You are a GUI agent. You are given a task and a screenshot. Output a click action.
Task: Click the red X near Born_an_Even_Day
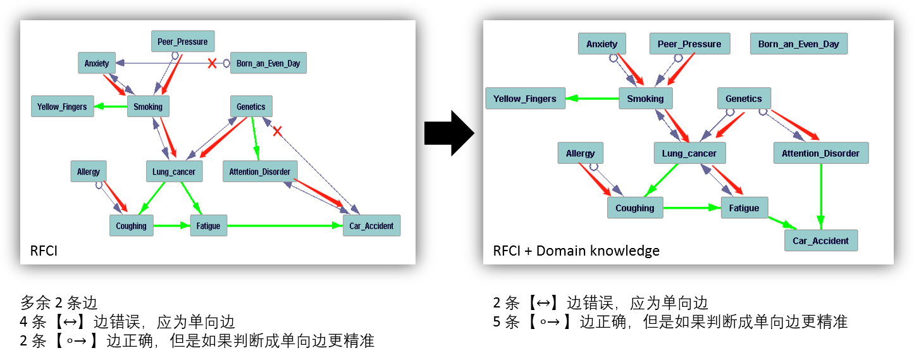tap(212, 63)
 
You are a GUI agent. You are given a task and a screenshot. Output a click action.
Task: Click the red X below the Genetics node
tap(276, 131)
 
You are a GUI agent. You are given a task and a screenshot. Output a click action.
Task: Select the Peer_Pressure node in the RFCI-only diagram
tap(183, 42)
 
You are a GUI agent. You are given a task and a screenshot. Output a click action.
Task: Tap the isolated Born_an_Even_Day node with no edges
tap(798, 44)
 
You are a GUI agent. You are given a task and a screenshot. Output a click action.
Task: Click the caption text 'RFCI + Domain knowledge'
tap(576, 251)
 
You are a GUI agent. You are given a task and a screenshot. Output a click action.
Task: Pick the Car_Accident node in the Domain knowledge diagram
tap(821, 241)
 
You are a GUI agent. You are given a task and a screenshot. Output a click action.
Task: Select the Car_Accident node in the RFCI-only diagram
tap(372, 226)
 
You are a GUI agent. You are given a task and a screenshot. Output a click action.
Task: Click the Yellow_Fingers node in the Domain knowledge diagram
tap(525, 99)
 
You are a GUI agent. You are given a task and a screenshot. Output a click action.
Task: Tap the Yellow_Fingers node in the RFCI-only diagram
tap(62, 107)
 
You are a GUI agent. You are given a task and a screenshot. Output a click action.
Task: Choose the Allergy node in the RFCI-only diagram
tap(89, 171)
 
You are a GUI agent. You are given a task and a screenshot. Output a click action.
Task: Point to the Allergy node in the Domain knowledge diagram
tap(580, 154)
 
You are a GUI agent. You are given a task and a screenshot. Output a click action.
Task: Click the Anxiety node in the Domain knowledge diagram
tap(602, 44)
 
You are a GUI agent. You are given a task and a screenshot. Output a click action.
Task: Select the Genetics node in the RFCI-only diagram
tap(251, 107)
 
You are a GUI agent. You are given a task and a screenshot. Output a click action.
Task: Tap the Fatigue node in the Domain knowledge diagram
tap(744, 208)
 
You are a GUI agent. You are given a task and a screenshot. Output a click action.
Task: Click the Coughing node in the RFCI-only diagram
tap(132, 226)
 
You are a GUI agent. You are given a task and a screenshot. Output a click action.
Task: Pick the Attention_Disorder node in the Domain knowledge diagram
tap(820, 154)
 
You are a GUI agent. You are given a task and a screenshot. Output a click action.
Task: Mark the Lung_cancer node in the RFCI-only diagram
tap(174, 171)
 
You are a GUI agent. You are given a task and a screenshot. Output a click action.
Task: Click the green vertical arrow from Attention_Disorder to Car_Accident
tap(821, 193)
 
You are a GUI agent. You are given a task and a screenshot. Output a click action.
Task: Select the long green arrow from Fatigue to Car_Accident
tap(285, 226)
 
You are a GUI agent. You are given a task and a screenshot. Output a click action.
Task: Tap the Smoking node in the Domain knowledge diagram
tap(645, 99)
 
